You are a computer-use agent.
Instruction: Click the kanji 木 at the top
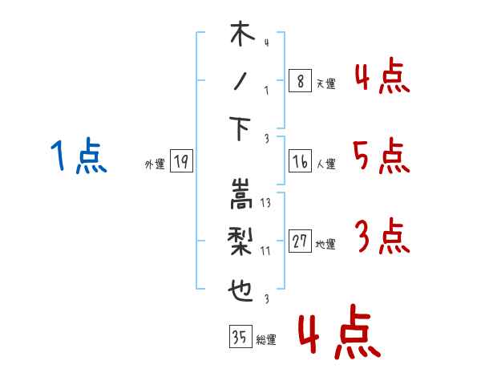[x=242, y=34]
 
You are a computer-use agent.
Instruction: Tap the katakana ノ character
[x=240, y=81]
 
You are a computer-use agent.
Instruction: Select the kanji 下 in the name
[x=240, y=129]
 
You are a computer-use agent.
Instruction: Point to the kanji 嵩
[x=241, y=194]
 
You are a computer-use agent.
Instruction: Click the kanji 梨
[x=240, y=241]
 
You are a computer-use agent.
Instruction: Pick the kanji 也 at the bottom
[x=240, y=290]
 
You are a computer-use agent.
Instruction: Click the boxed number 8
[x=300, y=80]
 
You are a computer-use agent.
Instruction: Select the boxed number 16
[x=300, y=161]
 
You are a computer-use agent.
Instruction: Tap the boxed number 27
[x=300, y=241]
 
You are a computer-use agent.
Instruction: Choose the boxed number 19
[x=181, y=161]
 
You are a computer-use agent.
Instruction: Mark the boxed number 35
[x=240, y=336]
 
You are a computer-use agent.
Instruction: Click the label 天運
[x=325, y=83]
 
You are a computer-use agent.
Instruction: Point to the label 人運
[x=325, y=164]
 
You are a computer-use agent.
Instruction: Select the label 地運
[x=325, y=245]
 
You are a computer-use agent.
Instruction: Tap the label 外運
[x=155, y=164]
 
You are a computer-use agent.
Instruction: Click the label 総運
[x=266, y=340]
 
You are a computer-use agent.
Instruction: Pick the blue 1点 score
[x=79, y=156]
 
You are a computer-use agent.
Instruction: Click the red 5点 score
[x=382, y=156]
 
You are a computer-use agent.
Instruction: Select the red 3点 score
[x=382, y=236]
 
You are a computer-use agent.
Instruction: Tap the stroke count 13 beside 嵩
[x=265, y=203]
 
